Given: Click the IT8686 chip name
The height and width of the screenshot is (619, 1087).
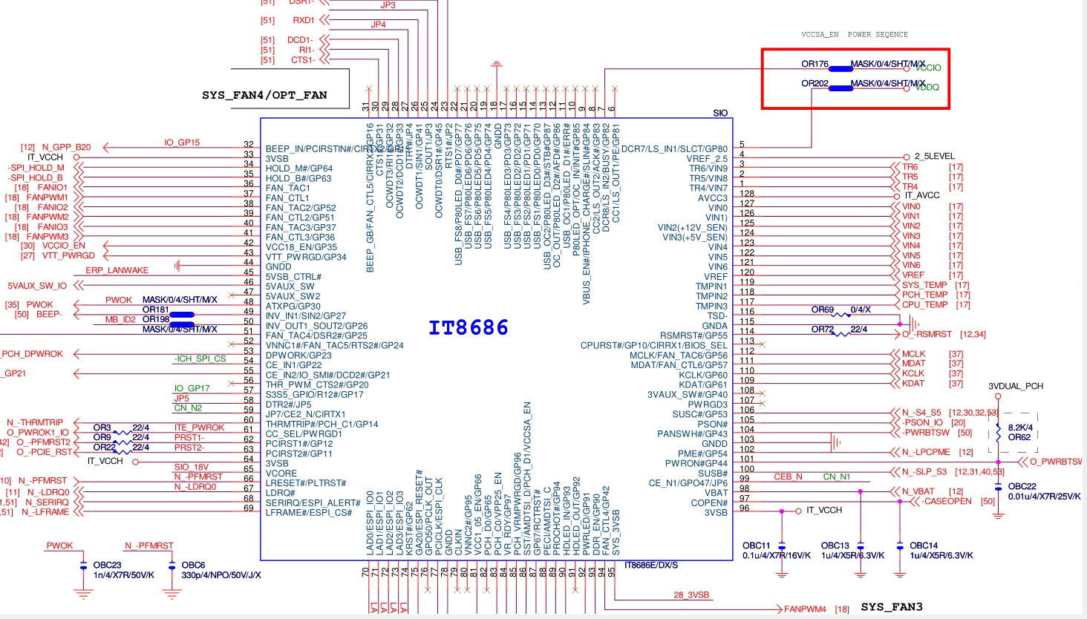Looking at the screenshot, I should [469, 327].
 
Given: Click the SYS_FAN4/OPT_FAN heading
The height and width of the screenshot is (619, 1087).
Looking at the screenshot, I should [264, 95].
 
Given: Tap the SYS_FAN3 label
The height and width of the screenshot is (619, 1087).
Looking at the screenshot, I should [892, 607].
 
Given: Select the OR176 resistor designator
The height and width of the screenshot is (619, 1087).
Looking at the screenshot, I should [815, 64].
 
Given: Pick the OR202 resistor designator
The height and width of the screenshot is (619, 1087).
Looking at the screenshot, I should [815, 83].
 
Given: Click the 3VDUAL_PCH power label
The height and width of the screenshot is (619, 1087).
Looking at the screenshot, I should [1016, 386].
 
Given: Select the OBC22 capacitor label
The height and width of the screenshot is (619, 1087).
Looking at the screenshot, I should [1022, 486].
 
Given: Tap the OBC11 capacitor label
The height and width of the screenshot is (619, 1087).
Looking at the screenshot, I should [757, 546].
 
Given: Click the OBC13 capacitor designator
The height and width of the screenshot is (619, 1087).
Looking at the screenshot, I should [835, 546].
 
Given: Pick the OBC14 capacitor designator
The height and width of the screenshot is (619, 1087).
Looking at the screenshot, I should [924, 546].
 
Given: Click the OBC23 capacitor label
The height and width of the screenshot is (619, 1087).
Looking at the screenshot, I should [107, 565].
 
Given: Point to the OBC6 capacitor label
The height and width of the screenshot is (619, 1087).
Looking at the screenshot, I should [193, 565].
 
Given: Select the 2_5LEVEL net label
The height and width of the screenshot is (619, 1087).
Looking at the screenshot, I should [935, 157].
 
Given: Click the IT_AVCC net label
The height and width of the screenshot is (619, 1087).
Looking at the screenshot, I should [921, 196].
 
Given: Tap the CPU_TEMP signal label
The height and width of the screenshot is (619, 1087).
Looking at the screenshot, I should [924, 305].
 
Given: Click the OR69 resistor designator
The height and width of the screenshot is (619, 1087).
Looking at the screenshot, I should [823, 309].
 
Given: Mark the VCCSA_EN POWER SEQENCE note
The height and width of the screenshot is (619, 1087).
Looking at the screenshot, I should [854, 34].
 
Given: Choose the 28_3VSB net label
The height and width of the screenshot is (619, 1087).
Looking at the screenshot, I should [691, 595].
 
